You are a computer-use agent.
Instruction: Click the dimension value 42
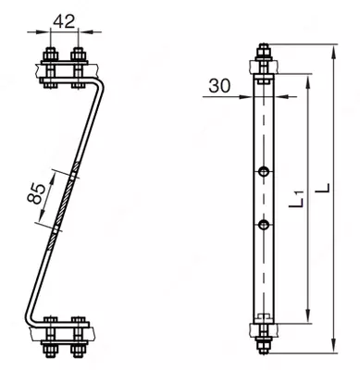pyautogui.click(x=64, y=21)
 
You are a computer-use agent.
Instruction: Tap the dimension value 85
pyautogui.click(x=34, y=193)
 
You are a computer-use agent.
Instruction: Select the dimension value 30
pyautogui.click(x=219, y=86)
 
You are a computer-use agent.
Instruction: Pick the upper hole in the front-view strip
pyautogui.click(x=264, y=171)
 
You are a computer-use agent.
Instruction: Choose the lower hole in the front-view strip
pyautogui.click(x=264, y=225)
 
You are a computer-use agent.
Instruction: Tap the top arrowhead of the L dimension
pyautogui.click(x=333, y=53)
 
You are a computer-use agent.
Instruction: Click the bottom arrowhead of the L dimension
pyautogui.click(x=333, y=345)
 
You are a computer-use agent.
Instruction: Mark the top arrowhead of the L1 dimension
pyautogui.click(x=307, y=82)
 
